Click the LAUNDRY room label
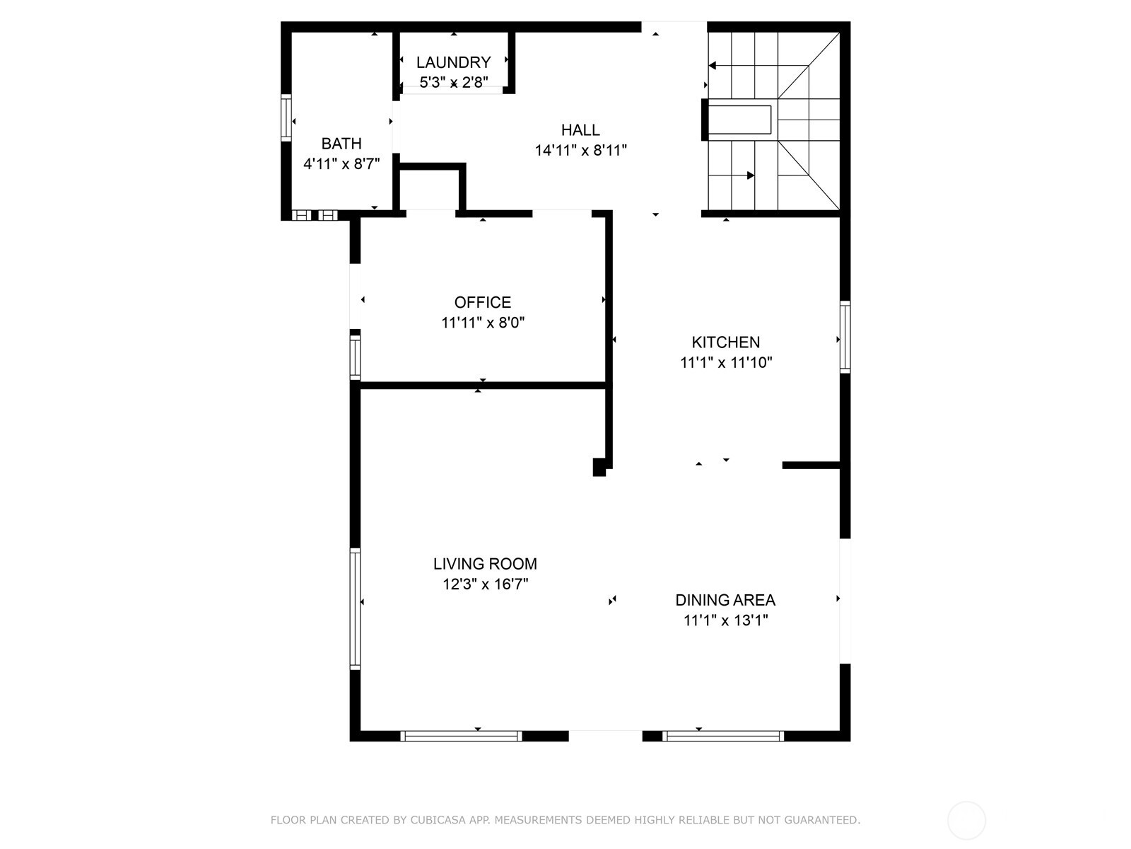[453, 62]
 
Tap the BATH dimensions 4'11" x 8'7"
[341, 164]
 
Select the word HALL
[580, 130]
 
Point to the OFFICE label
[483, 303]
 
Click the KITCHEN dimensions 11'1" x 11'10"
[726, 363]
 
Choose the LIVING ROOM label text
[485, 564]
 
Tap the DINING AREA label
[725, 600]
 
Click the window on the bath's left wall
[286, 118]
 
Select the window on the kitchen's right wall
[845, 337]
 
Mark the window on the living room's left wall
[356, 609]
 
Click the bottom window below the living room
[461, 736]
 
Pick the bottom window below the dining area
[723, 736]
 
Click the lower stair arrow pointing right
[750, 175]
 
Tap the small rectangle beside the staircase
[739, 120]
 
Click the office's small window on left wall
[356, 357]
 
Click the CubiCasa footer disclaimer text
[565, 820]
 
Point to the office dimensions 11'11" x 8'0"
[483, 323]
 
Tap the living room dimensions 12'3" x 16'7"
[485, 584]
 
